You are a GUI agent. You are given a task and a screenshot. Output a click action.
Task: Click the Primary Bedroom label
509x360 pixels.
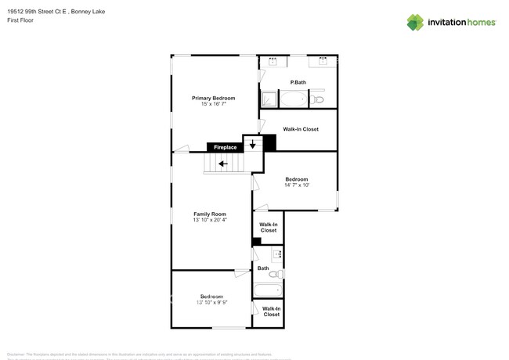213,98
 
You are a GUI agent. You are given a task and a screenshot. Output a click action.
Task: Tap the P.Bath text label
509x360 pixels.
298,82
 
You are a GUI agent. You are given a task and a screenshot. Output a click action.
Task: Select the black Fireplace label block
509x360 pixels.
225,147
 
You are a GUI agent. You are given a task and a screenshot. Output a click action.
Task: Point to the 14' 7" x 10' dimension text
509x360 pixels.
297,185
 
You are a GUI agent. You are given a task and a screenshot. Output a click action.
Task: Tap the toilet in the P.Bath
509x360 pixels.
318,99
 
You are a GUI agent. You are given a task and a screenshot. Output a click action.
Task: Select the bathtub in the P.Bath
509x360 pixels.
295,99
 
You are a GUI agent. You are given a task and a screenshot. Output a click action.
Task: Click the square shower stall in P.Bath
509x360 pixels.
269,99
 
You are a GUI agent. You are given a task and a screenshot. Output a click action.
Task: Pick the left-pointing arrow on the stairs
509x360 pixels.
223,164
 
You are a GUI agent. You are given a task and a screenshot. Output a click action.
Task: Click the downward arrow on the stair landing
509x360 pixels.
252,144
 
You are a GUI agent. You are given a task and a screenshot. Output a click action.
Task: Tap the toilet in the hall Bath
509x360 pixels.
275,274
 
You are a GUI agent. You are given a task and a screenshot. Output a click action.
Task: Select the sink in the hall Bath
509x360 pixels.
276,254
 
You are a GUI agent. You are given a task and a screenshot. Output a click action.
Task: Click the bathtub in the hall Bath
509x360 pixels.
268,290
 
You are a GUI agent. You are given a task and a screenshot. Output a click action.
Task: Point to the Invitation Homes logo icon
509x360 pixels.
415,22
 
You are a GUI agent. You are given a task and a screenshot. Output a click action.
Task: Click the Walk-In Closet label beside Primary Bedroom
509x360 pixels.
301,128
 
